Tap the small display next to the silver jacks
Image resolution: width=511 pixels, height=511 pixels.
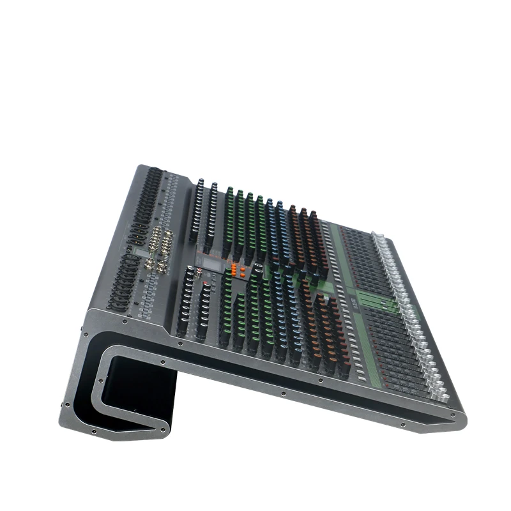[142, 255]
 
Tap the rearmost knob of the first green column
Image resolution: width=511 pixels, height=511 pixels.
[229, 191]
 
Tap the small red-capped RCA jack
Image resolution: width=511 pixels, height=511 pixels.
[203, 274]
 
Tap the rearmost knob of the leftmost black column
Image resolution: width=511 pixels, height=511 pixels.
[200, 182]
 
